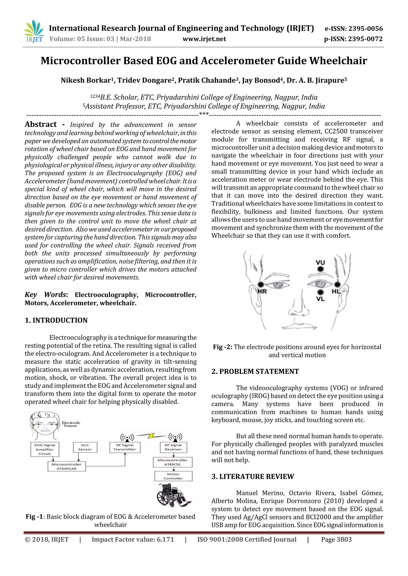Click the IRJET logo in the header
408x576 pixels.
[x=34, y=32]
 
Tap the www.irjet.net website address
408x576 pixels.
[x=204, y=39]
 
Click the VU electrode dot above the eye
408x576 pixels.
[x=320, y=269]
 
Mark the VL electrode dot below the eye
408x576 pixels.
[x=320, y=292]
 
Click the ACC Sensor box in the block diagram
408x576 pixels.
[x=85, y=447]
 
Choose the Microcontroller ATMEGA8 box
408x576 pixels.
[x=67, y=466]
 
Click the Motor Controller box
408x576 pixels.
[x=173, y=476]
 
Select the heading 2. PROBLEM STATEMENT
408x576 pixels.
[x=255, y=372]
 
